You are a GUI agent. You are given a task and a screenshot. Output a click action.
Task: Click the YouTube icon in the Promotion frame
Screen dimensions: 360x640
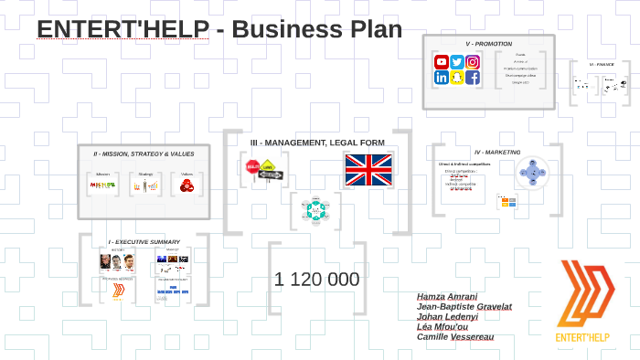coord(442,62)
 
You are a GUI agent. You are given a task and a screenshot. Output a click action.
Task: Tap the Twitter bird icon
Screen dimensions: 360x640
coord(457,62)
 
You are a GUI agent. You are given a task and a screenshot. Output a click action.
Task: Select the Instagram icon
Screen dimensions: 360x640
coord(473,62)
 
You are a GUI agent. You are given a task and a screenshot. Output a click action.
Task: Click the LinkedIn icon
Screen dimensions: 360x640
coord(442,78)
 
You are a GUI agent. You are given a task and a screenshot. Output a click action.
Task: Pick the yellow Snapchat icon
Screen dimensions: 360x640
coord(457,78)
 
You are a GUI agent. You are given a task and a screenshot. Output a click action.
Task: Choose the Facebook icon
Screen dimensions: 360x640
coord(473,78)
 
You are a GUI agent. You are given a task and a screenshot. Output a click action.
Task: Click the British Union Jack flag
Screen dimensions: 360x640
coord(368,170)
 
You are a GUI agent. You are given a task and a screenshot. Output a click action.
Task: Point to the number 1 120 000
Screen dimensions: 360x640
coord(316,280)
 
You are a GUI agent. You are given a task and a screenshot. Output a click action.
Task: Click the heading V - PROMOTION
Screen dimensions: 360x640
coord(488,44)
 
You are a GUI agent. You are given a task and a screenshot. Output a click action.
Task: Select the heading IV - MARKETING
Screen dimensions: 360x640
coord(497,152)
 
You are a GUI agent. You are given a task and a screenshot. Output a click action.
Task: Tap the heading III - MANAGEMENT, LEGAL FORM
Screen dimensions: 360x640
coord(317,143)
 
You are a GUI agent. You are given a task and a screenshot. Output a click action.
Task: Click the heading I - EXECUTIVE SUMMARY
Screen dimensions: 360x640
coord(144,242)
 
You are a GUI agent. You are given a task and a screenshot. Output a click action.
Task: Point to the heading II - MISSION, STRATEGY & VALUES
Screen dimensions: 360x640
coord(144,154)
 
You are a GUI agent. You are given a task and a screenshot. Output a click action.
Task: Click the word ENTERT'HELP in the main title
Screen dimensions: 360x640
coord(123,29)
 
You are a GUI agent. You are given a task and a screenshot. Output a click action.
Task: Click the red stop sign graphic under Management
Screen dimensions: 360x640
coord(252,167)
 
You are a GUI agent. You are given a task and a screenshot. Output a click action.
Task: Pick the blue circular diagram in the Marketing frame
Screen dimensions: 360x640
coord(530,172)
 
